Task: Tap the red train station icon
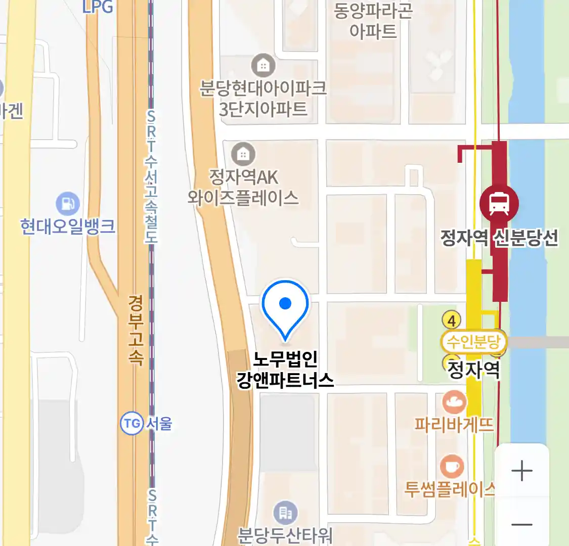tap(499, 204)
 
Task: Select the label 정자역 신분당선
tap(499, 238)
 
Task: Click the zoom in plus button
tap(521, 471)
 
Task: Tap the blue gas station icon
tap(68, 204)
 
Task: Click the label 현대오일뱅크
tap(68, 226)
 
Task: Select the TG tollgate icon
tap(132, 423)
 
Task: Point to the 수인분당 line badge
tap(473, 342)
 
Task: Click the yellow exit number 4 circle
tap(452, 320)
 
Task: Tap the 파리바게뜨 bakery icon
tap(454, 402)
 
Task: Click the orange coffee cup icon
tap(452, 467)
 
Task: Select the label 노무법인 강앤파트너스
tap(285, 370)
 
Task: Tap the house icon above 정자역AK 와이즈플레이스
tap(243, 154)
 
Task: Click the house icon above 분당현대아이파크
tap(263, 66)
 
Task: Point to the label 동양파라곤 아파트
tap(373, 21)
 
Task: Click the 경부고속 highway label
tap(136, 330)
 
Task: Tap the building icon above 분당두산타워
tap(286, 514)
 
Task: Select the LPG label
tap(98, 7)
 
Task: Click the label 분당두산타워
tap(285, 535)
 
